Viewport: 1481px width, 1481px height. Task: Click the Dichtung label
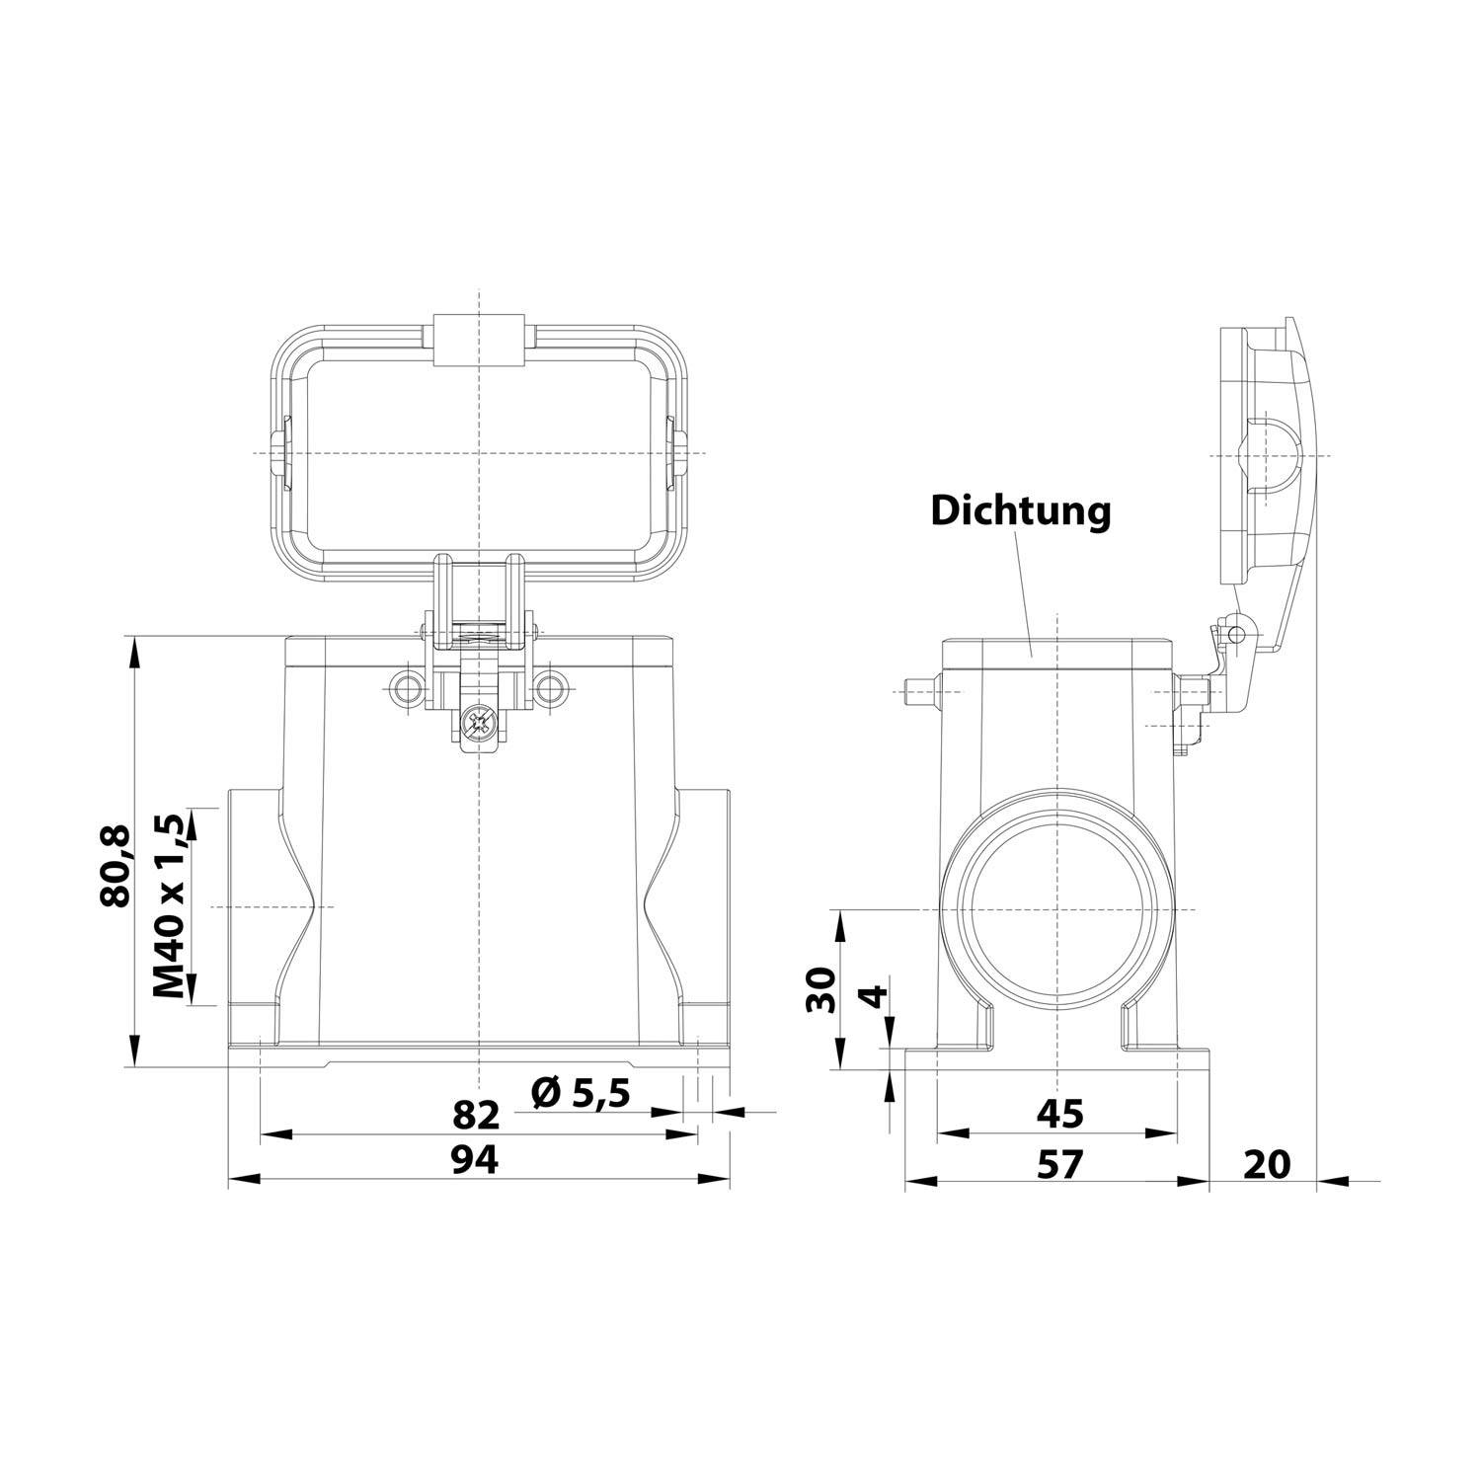pyautogui.click(x=1021, y=511)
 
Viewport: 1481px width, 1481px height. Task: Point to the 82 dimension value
pyautogui.click(x=476, y=1115)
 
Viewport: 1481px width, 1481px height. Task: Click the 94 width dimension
pyautogui.click(x=476, y=1160)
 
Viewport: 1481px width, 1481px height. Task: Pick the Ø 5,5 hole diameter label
pyautogui.click(x=580, y=1093)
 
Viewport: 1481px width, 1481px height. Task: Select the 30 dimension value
pyautogui.click(x=820, y=990)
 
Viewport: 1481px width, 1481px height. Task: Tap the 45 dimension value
pyautogui.click(x=1059, y=1114)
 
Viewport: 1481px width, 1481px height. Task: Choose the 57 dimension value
pyautogui.click(x=1059, y=1164)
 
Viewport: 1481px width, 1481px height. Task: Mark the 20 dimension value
pyautogui.click(x=1266, y=1164)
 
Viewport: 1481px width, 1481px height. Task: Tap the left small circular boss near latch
pyautogui.click(x=405, y=687)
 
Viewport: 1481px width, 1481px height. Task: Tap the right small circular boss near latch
pyautogui.click(x=551, y=687)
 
